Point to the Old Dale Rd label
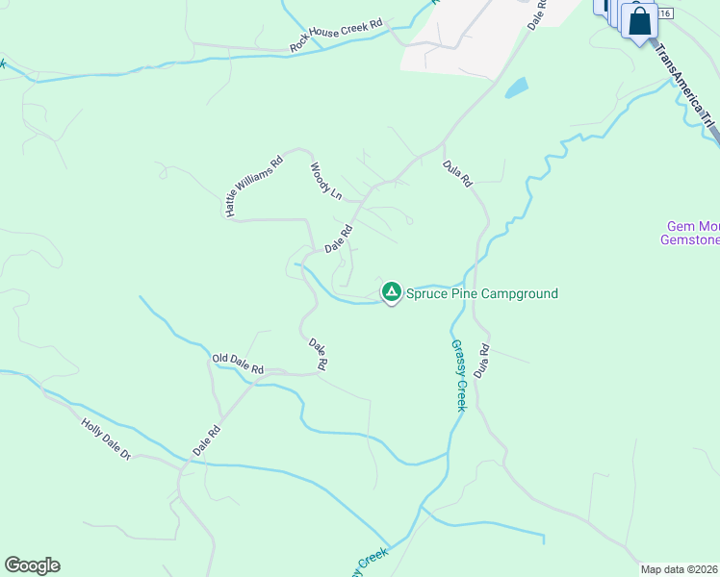pos(237,364)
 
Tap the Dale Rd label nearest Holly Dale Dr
pos(207,439)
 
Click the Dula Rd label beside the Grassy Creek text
pos(482,360)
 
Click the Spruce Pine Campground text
pos(481,293)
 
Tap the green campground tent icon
pos(391,291)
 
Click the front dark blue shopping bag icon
pos(639,20)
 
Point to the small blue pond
pos(517,88)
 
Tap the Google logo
pos(32,565)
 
